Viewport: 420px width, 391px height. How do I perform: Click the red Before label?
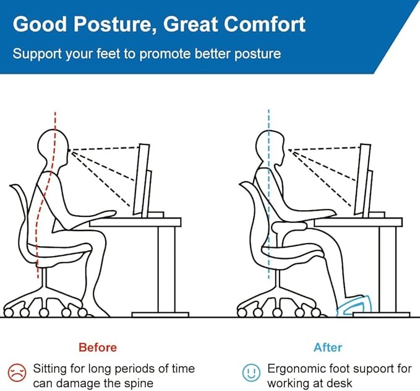(x=97, y=348)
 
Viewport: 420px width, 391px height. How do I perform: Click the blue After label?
(x=327, y=348)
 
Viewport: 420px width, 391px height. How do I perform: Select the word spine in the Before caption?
(x=138, y=384)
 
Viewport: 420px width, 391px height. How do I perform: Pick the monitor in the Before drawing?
(x=144, y=180)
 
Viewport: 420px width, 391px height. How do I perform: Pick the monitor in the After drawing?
(x=366, y=180)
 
